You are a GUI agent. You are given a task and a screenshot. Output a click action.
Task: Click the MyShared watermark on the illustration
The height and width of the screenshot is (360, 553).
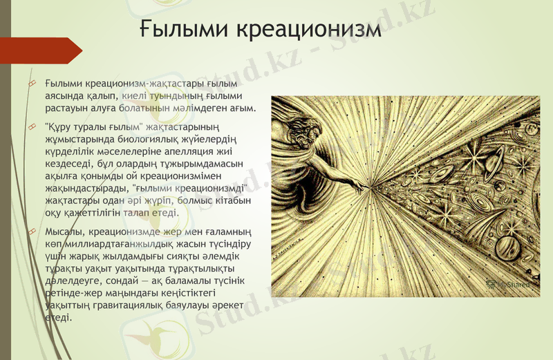(509, 283)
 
